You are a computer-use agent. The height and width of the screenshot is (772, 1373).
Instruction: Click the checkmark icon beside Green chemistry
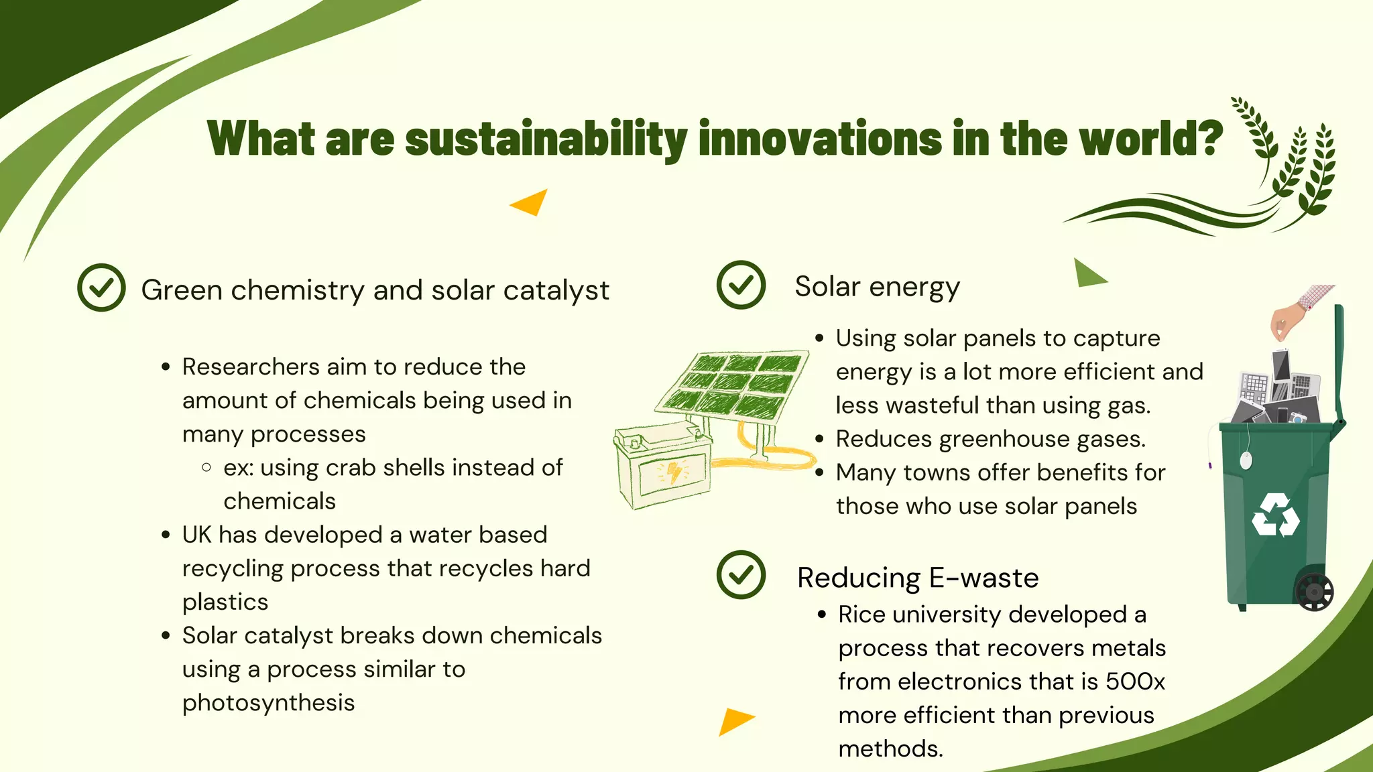101,287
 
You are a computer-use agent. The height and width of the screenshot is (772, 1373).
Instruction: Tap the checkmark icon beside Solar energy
741,285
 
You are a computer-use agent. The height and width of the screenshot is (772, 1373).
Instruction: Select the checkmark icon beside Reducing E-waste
741,575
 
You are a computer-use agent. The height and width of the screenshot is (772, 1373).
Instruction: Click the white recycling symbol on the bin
1275,515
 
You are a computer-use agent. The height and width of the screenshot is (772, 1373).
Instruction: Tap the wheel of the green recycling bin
1314,592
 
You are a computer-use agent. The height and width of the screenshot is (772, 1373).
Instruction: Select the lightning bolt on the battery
673,472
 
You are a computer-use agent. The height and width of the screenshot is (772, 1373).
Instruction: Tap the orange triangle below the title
531,202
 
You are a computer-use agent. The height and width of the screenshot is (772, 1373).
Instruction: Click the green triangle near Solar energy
1087,274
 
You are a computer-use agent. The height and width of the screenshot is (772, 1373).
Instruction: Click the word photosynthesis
268,703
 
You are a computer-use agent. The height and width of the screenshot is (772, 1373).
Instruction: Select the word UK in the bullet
196,535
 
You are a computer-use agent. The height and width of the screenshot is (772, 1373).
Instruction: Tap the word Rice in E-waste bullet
861,615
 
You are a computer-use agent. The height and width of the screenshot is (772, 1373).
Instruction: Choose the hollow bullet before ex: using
206,467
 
